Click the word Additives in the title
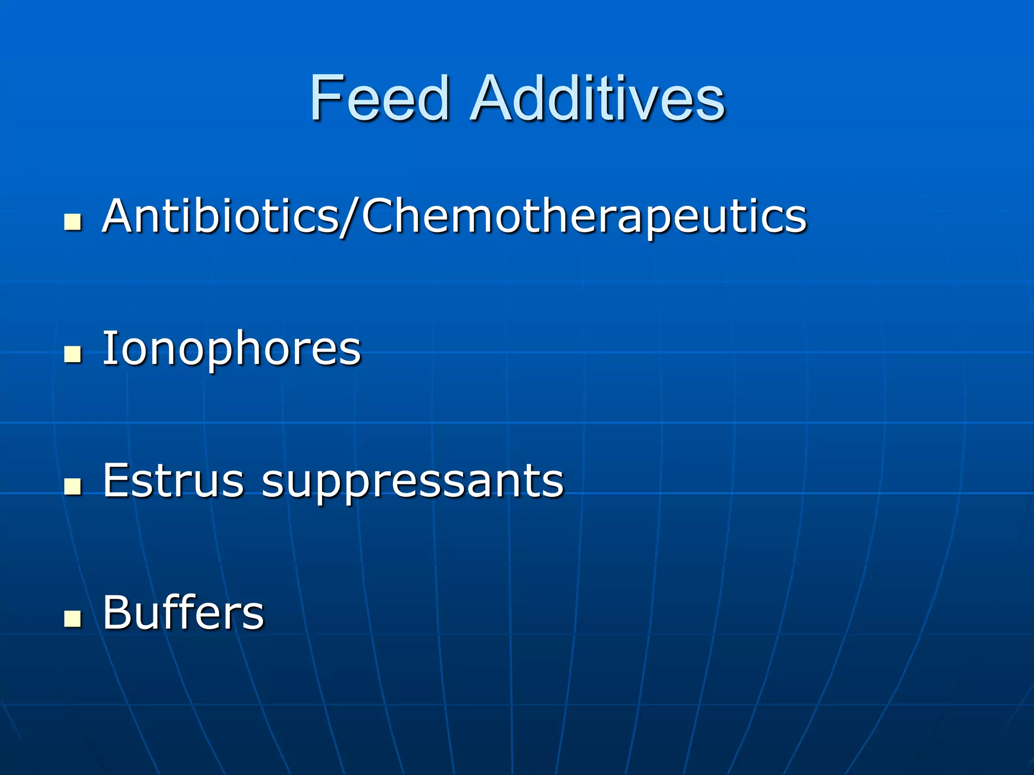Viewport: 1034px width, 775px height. pos(598,98)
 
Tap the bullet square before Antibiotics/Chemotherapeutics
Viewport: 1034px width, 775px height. pos(73,222)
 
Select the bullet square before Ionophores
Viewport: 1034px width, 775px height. pos(73,354)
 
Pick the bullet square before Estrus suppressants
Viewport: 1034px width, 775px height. pos(73,486)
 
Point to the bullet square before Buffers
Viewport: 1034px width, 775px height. pos(73,619)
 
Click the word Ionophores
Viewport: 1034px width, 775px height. pos(232,349)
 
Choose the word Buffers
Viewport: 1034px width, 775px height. pos(183,613)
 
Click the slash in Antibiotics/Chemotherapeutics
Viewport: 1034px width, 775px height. pos(349,217)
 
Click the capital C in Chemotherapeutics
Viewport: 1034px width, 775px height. pos(379,216)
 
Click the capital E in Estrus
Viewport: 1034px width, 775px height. pos(118,480)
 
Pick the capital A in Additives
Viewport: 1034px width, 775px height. pos(490,98)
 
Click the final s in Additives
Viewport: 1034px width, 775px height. pos(711,104)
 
